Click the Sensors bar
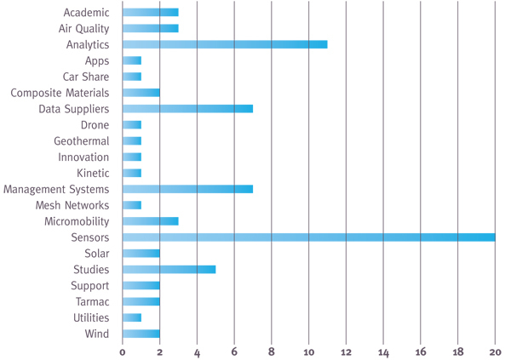coord(308,237)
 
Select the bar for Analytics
coord(224,44)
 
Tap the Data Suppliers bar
coord(187,109)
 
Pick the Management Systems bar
coord(187,189)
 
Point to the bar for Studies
coord(169,269)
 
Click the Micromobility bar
coord(150,221)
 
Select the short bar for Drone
coord(132,125)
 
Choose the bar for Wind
coord(141,334)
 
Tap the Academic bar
coord(150,12)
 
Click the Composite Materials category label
coord(60,93)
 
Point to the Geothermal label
coord(81,141)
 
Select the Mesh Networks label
coord(72,205)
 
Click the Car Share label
coord(86,77)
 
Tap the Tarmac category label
coord(90,301)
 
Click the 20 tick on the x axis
coord(495,351)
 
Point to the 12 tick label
coord(346,351)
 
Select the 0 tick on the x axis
coord(123,351)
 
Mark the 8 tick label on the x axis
coord(272,351)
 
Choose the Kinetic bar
coord(132,173)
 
